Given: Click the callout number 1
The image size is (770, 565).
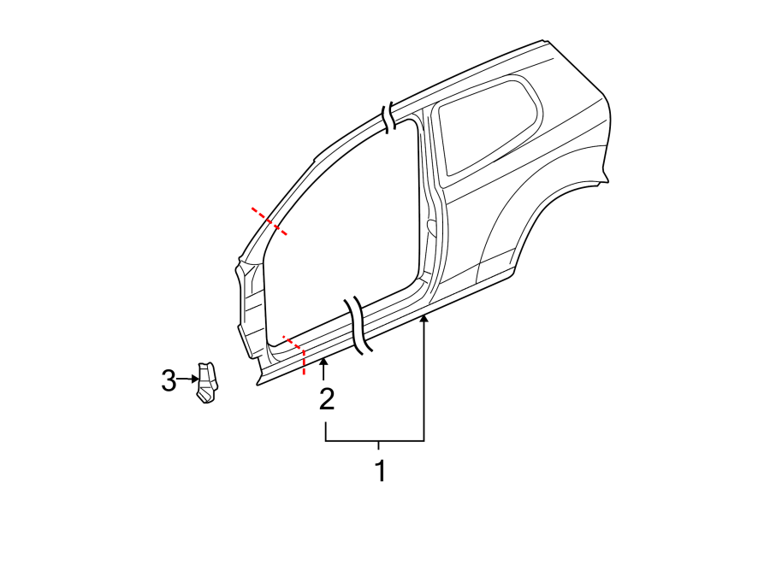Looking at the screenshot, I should point(380,471).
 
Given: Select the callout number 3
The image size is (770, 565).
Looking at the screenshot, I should point(169,380).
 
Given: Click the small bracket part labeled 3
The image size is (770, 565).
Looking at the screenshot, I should point(206,382).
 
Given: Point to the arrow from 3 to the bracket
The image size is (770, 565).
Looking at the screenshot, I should point(185,379).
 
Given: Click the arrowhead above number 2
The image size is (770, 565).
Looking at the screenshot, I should point(323,365).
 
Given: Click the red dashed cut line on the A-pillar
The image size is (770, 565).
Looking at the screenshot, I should point(269,221).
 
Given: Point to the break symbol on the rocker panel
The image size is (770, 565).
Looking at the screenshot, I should point(358,326).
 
